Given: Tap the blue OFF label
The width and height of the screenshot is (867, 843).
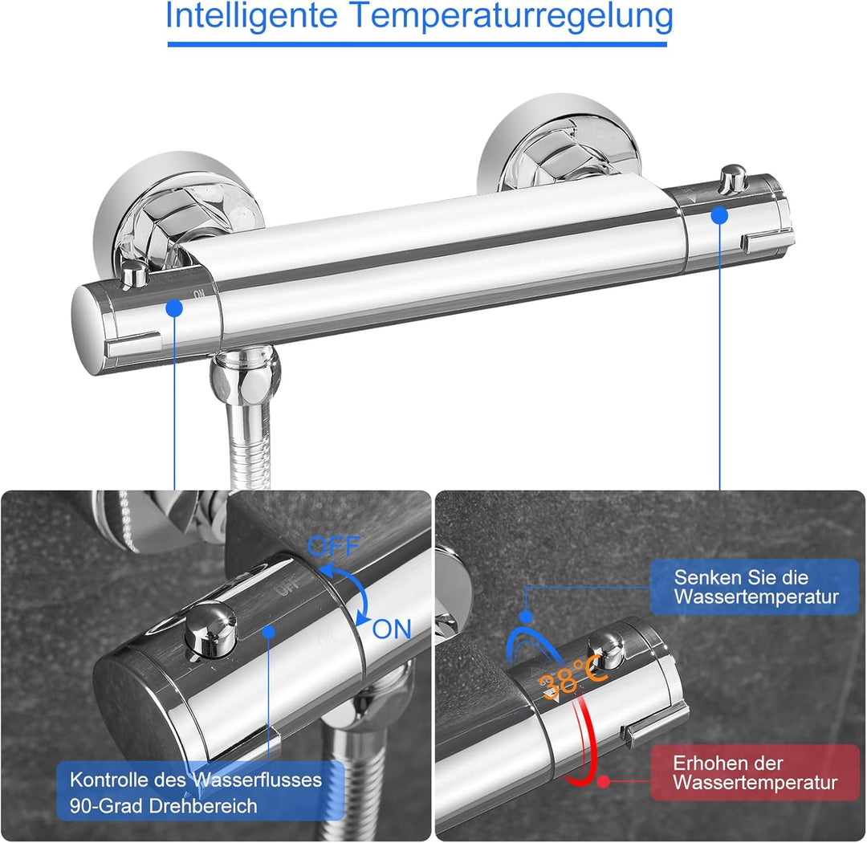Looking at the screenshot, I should pyautogui.click(x=334, y=547).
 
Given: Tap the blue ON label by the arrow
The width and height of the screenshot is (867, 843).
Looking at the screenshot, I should pyautogui.click(x=392, y=629).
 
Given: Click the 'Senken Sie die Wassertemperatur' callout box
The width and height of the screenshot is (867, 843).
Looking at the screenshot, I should pyautogui.click(x=754, y=587).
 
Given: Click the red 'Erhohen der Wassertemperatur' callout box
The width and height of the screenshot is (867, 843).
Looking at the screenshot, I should pyautogui.click(x=754, y=772).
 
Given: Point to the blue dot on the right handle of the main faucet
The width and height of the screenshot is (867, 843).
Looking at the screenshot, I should pyautogui.click(x=719, y=215).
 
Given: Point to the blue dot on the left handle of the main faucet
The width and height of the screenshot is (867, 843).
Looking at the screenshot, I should pyautogui.click(x=174, y=307).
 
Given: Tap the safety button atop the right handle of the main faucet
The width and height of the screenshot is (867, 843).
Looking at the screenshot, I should pyautogui.click(x=731, y=178).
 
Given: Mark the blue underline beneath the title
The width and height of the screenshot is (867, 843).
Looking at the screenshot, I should pyautogui.click(x=417, y=44).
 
